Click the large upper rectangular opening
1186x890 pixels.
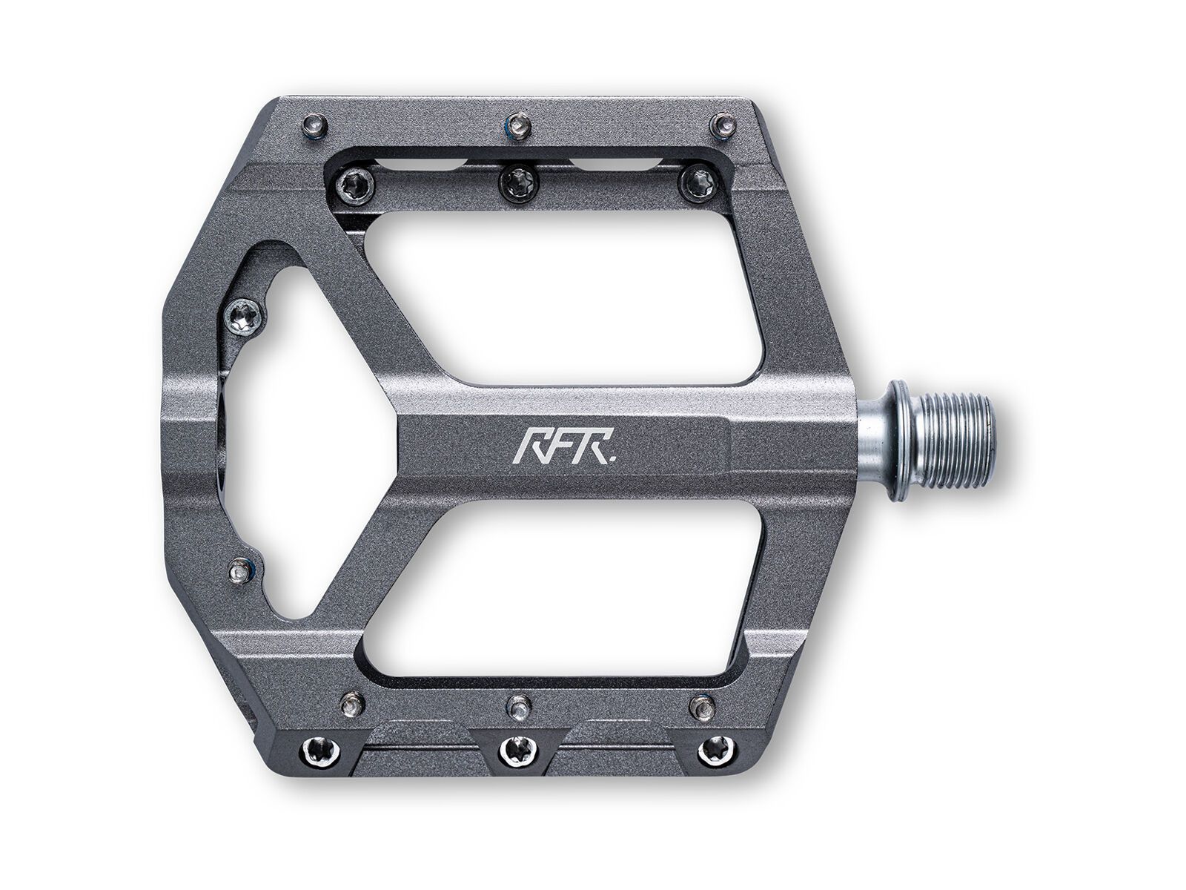click(563, 300)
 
